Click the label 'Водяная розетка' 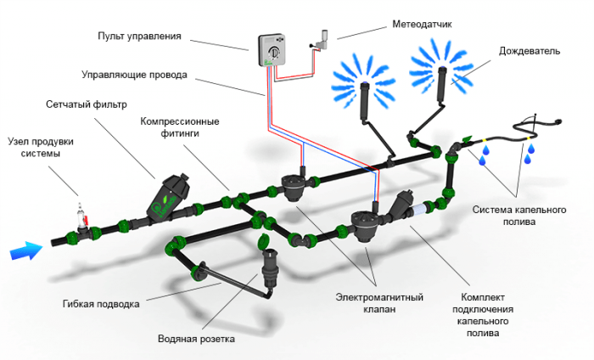pos(196,338)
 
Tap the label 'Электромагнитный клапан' pos(379,303)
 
